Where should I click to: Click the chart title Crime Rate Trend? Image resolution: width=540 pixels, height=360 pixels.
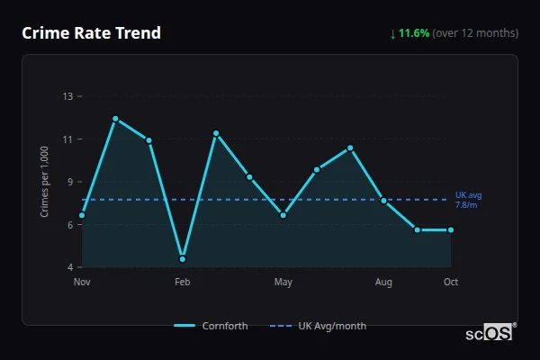pos(91,33)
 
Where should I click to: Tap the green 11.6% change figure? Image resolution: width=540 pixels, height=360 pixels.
pos(415,33)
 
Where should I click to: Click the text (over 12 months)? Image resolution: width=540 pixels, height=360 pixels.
pos(475,33)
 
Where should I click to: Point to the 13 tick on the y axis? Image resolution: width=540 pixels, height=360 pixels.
pos(68,96)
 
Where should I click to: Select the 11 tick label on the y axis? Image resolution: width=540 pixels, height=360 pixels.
pos(68,139)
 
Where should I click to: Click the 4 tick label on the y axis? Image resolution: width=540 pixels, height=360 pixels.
pos(70,267)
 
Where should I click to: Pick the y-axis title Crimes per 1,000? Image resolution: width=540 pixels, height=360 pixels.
pos(44,182)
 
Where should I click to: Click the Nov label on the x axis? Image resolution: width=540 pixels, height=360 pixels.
pos(82,283)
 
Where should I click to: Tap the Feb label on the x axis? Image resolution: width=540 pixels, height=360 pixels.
pos(183,283)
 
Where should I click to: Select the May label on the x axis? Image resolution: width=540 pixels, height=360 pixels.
pos(283,283)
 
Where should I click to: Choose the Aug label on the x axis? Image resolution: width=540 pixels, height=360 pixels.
pos(384,283)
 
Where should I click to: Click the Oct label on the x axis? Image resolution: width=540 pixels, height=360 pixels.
pos(451,283)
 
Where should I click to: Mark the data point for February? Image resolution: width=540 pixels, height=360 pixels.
pos(183,259)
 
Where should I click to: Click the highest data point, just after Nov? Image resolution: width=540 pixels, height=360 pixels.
pos(115,119)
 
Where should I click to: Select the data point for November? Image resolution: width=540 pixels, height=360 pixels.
pos(82,215)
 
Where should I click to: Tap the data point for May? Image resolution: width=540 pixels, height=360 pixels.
pos(283,215)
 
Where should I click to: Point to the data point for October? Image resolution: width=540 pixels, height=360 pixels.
pos(451,229)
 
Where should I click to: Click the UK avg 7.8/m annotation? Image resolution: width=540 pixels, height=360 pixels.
pos(468,200)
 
